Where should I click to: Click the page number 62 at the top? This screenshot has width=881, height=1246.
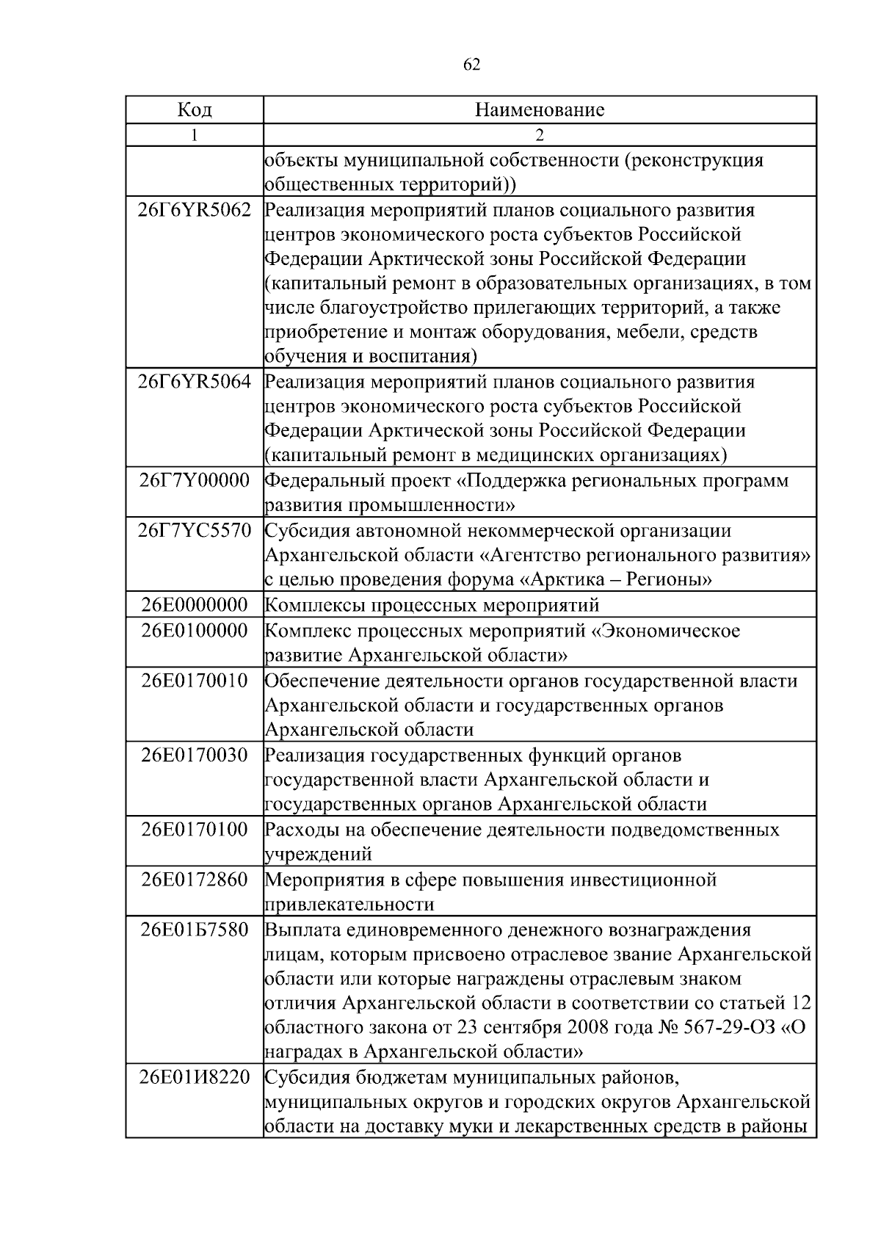click(x=472, y=65)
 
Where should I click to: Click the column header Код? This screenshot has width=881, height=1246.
click(x=195, y=110)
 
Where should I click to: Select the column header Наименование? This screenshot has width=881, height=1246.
click(x=540, y=110)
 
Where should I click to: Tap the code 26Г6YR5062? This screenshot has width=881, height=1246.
click(x=195, y=211)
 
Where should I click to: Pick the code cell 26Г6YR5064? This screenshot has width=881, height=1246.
click(x=195, y=382)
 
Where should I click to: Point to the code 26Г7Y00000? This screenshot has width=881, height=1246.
click(x=195, y=481)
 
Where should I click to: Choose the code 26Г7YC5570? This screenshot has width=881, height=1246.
click(x=195, y=530)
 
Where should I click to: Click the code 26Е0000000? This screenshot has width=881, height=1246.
click(x=195, y=605)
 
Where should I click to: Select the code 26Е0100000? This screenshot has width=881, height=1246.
click(x=195, y=631)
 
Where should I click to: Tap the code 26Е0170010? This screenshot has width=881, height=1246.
click(x=195, y=681)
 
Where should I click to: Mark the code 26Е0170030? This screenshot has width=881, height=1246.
click(x=195, y=755)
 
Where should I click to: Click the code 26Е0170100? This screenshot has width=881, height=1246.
click(x=195, y=830)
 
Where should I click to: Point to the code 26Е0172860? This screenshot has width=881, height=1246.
click(x=195, y=880)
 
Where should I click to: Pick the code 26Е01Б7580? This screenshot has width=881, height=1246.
click(x=195, y=930)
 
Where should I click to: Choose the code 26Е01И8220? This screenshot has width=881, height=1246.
click(x=195, y=1079)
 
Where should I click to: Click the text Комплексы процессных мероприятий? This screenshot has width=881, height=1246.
click(x=432, y=605)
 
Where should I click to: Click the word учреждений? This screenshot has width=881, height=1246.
click(x=318, y=855)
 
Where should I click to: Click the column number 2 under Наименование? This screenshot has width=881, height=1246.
click(x=540, y=135)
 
